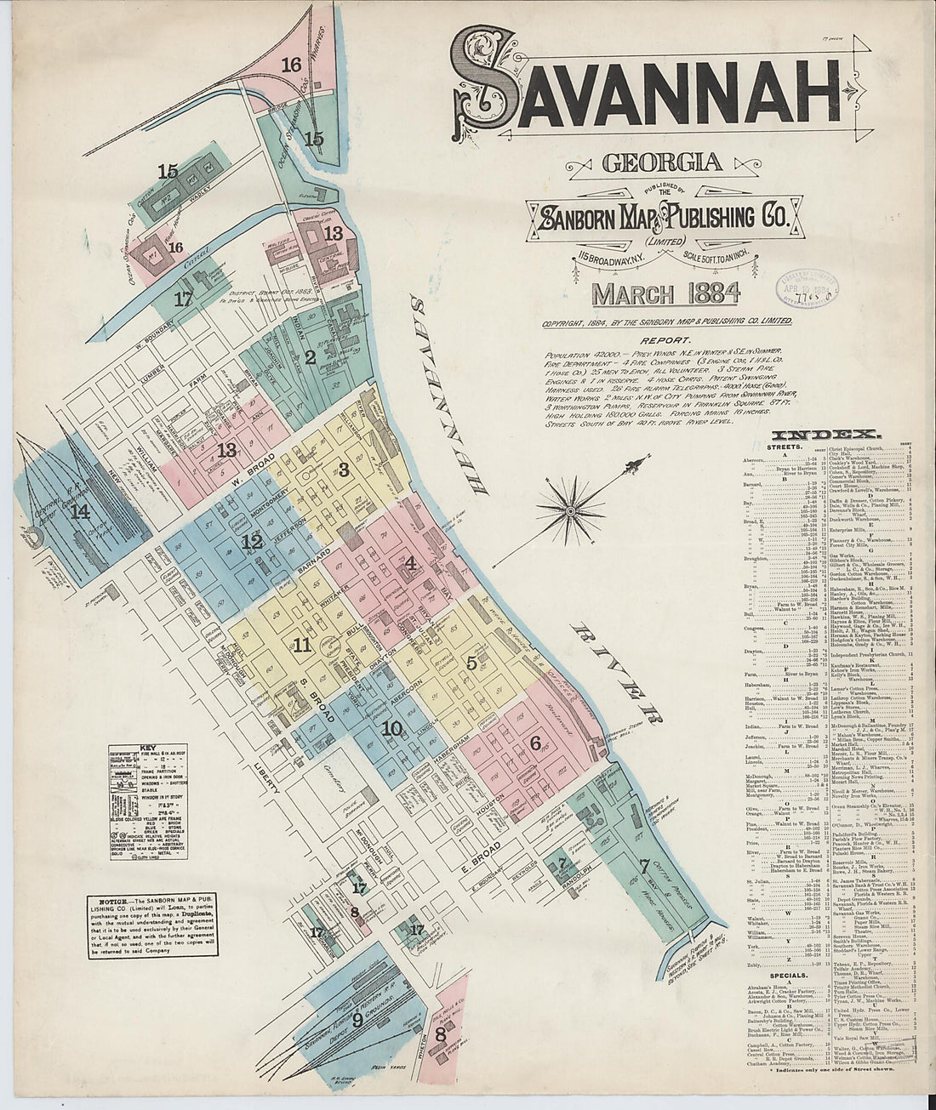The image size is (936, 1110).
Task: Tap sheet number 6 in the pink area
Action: click(x=535, y=742)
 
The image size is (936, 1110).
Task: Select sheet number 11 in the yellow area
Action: click(x=300, y=646)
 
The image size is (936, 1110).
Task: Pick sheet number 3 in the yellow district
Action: click(x=344, y=469)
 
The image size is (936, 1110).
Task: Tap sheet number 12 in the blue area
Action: click(x=251, y=541)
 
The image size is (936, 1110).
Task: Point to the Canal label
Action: click(x=197, y=266)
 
